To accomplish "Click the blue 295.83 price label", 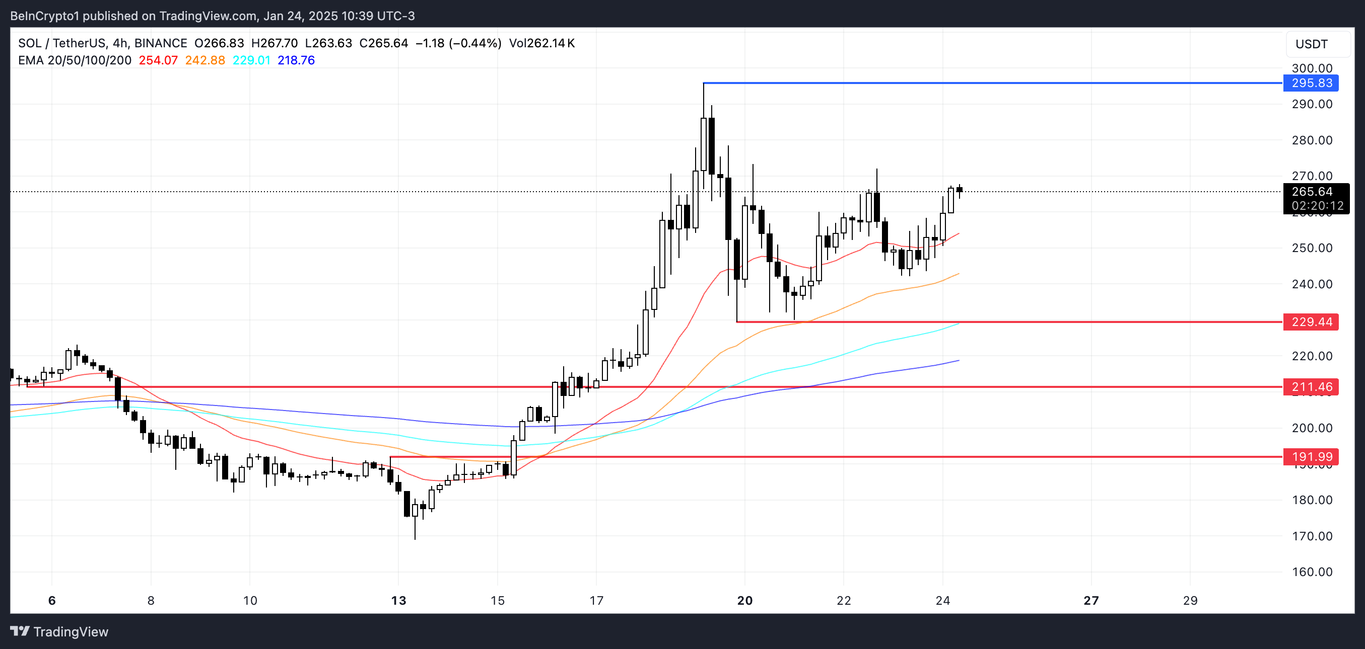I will (x=1311, y=83).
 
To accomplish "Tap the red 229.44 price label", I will (x=1311, y=322).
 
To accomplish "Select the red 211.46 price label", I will (x=1311, y=387).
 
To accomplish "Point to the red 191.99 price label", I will (x=1311, y=457).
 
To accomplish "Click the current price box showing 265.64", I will (x=1316, y=199).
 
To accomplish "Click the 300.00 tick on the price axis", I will (x=1312, y=68).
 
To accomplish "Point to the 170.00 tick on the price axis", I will (x=1312, y=536).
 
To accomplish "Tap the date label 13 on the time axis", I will (x=398, y=600).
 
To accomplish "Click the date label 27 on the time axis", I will (x=1091, y=600).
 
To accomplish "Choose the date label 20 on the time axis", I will (x=744, y=600).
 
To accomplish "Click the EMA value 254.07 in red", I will (x=158, y=60).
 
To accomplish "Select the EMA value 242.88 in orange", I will (x=205, y=60).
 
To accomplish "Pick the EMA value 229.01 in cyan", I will (x=251, y=60).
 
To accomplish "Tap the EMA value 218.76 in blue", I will (x=296, y=60).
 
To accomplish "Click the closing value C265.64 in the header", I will (x=383, y=43).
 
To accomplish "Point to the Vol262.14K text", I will (x=541, y=43).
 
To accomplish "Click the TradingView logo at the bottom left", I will (x=59, y=631).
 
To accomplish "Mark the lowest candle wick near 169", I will (x=415, y=537).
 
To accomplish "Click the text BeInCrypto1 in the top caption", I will (x=44, y=16).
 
